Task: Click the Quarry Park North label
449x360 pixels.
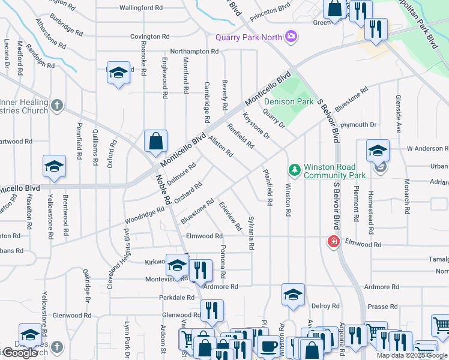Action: click(249, 37)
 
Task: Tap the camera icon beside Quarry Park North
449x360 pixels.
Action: click(291, 37)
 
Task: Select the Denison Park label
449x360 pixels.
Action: click(288, 101)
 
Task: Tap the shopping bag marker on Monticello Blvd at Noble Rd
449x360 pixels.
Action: click(155, 142)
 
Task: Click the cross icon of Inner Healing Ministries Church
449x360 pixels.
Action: click(56, 106)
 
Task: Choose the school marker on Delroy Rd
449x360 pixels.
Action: click(293, 295)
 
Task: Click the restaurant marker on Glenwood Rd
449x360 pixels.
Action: click(212, 311)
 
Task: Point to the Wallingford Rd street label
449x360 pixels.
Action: click(140, 8)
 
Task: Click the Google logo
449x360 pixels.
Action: click(19, 353)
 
